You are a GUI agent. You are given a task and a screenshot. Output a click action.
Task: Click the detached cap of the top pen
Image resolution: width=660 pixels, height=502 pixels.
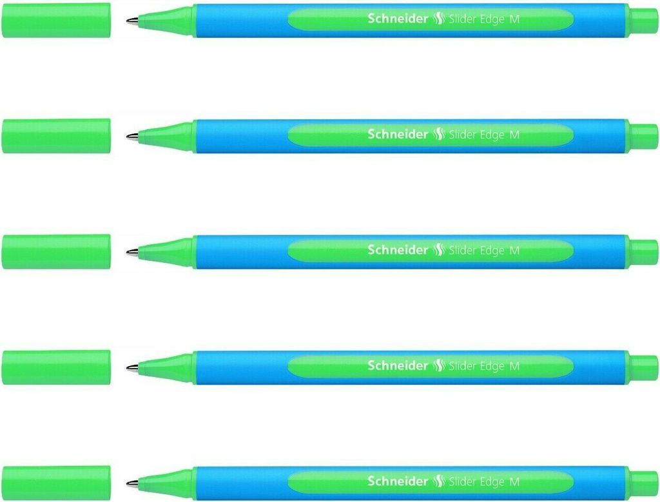pos(56,20)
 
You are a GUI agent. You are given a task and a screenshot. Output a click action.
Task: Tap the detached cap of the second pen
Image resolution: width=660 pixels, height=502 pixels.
pos(56,136)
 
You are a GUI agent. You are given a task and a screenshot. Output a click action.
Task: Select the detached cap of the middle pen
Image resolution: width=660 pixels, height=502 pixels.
pos(56,251)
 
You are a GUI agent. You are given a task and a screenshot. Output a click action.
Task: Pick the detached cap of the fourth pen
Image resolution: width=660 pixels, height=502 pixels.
pos(56,367)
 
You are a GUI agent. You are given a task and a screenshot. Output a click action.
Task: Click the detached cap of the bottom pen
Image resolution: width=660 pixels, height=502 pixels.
pos(56,483)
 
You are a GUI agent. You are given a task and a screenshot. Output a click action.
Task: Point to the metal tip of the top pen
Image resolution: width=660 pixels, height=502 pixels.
pos(131,20)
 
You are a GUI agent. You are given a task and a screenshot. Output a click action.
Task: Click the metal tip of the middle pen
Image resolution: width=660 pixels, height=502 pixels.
pos(131,251)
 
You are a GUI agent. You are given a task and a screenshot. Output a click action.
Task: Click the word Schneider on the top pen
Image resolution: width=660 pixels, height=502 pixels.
pos(398,19)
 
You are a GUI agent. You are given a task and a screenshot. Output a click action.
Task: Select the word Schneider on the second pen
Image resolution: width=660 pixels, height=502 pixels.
pos(398,134)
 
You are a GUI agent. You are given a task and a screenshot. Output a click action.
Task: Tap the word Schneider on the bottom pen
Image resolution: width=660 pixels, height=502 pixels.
pos(398,481)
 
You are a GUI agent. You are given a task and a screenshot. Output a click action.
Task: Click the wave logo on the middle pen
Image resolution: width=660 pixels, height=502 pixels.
pos(438,250)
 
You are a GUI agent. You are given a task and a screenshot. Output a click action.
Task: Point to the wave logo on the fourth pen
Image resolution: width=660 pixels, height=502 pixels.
pos(438,365)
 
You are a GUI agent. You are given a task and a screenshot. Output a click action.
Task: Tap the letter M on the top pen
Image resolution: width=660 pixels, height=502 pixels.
pos(514,19)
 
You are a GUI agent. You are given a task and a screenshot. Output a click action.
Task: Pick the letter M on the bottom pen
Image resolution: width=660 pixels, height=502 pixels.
pos(514,482)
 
